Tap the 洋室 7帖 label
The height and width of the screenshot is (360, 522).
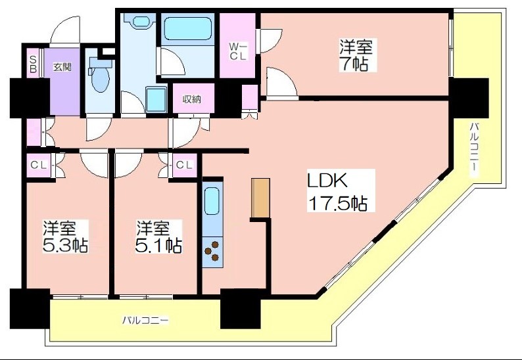pos(356,55)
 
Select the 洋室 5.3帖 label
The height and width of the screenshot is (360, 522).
pos(66,236)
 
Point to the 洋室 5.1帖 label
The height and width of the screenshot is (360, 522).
pos(158,236)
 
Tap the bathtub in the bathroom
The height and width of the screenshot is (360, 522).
pos(189,29)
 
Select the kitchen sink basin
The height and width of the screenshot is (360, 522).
pos(212,201)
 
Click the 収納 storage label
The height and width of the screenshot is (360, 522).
pos(192,99)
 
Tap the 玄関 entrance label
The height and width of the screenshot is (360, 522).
pos(62,67)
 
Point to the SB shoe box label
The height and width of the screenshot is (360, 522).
pos(33,64)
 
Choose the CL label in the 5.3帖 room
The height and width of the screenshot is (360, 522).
pos(39,165)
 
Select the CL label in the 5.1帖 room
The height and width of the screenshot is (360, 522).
pos(184,165)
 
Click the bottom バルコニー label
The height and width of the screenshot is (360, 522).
pos(145,321)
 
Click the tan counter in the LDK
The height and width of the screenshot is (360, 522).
pos(260,198)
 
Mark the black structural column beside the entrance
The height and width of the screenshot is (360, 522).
pos(30,97)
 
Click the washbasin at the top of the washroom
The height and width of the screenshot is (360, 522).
pos(141,22)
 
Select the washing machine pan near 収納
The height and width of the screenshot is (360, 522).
pos(156,99)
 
